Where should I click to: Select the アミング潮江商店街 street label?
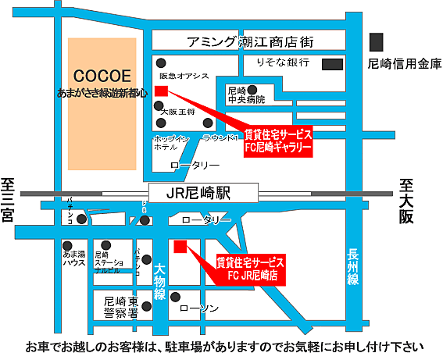pyautogui.click(x=239, y=42)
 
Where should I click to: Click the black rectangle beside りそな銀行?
pyautogui.click(x=334, y=62)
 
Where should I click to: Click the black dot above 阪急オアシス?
pyautogui.click(x=161, y=63)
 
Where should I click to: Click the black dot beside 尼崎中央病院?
pyautogui.click(x=274, y=89)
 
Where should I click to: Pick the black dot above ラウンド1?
pyautogui.click(x=207, y=123)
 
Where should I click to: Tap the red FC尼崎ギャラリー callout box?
pyautogui.click(x=277, y=140)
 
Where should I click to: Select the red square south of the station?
pyautogui.click(x=180, y=247)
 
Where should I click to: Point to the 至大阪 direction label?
pyautogui.click(x=405, y=201)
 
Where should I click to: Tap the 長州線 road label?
pyautogui.click(x=353, y=266)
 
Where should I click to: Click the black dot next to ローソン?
pyautogui.click(x=176, y=297)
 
